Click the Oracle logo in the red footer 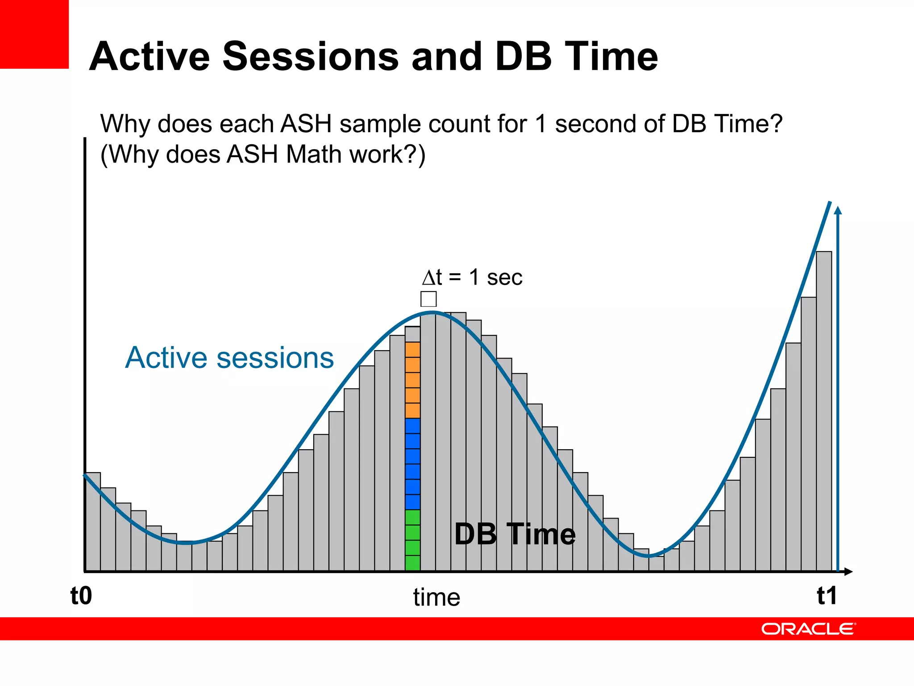[808, 629]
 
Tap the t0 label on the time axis [81, 596]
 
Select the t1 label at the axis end [827, 596]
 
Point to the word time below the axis [436, 598]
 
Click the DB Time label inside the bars [515, 534]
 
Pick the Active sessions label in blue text [229, 358]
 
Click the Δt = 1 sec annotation [472, 277]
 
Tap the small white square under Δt [428, 299]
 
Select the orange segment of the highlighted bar [413, 380]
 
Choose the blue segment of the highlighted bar [413, 464]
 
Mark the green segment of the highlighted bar [413, 540]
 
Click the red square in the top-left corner [34, 34]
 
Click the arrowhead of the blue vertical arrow [838, 210]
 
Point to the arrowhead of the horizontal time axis [848, 572]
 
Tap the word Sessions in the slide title [310, 57]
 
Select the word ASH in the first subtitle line [306, 124]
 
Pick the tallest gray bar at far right [824, 411]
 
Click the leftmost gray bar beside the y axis [93, 522]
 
